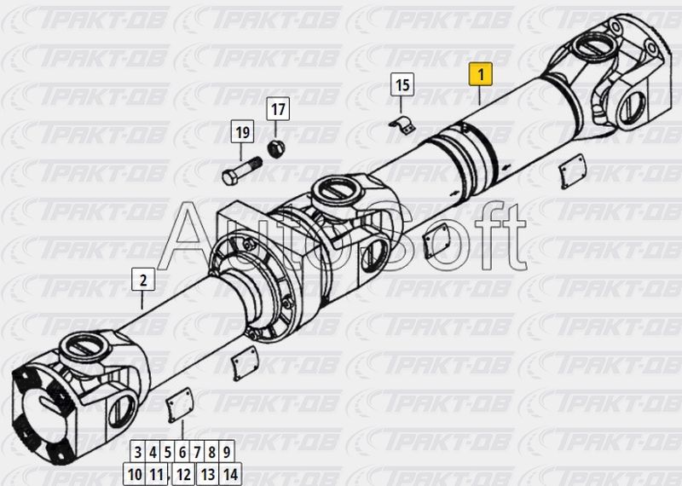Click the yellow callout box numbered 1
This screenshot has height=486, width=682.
coord(480,74)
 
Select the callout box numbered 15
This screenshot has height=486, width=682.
coord(402,84)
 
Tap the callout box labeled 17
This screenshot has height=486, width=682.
coord(278,109)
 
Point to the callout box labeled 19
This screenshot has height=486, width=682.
coord(242,131)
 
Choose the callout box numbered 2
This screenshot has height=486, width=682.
coord(143,280)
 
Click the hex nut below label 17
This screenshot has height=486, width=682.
coord(275,149)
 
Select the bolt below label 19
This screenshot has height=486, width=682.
coord(242,171)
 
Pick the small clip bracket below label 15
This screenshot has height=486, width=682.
coord(402,124)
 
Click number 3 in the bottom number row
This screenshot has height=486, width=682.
coord(138,453)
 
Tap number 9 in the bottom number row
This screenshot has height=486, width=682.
coord(227,453)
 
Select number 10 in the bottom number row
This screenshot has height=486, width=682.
coord(135,474)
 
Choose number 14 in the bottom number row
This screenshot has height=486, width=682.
coord(230,474)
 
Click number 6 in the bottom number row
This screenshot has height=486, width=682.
coord(182,453)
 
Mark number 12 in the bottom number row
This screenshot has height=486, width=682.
coord(183,474)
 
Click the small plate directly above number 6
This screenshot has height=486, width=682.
coord(180,405)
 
